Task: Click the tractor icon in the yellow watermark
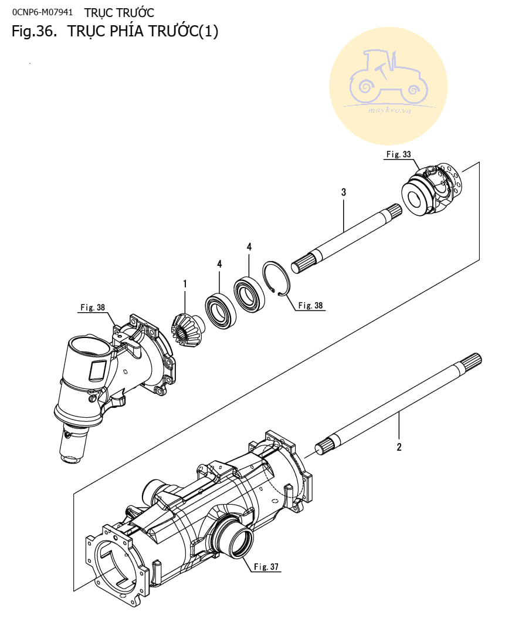click(x=387, y=79)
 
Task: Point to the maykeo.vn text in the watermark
click(x=388, y=110)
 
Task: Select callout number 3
click(x=343, y=192)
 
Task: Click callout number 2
click(x=399, y=447)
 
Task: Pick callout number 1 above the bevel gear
click(x=185, y=284)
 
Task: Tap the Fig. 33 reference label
click(x=398, y=154)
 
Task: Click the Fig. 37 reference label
click(x=267, y=567)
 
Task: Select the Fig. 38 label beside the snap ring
click(x=310, y=305)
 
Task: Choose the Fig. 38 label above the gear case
click(x=92, y=307)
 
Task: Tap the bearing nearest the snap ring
click(x=249, y=292)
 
